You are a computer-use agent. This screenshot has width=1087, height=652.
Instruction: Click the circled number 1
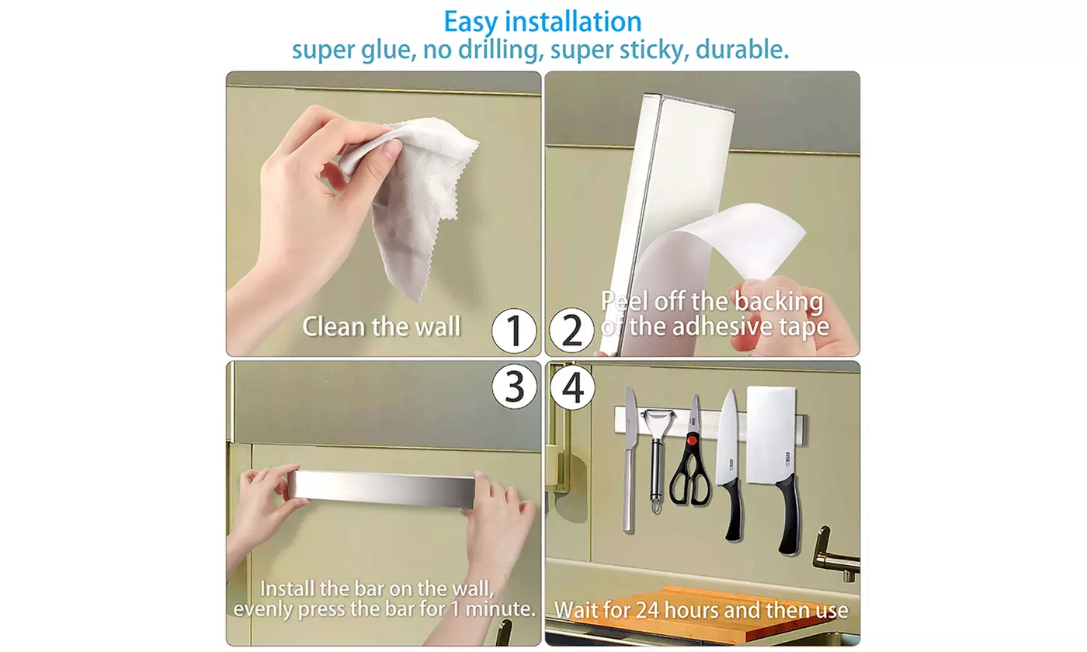tap(514, 331)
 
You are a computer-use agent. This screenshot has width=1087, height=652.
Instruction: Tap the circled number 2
tap(571, 331)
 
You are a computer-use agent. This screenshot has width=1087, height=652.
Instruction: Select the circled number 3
tap(514, 387)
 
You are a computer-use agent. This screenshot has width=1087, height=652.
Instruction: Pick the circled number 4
tap(571, 387)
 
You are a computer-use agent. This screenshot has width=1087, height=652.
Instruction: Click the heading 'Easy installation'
tap(542, 21)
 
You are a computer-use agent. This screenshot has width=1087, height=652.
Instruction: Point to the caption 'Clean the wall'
tap(381, 326)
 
